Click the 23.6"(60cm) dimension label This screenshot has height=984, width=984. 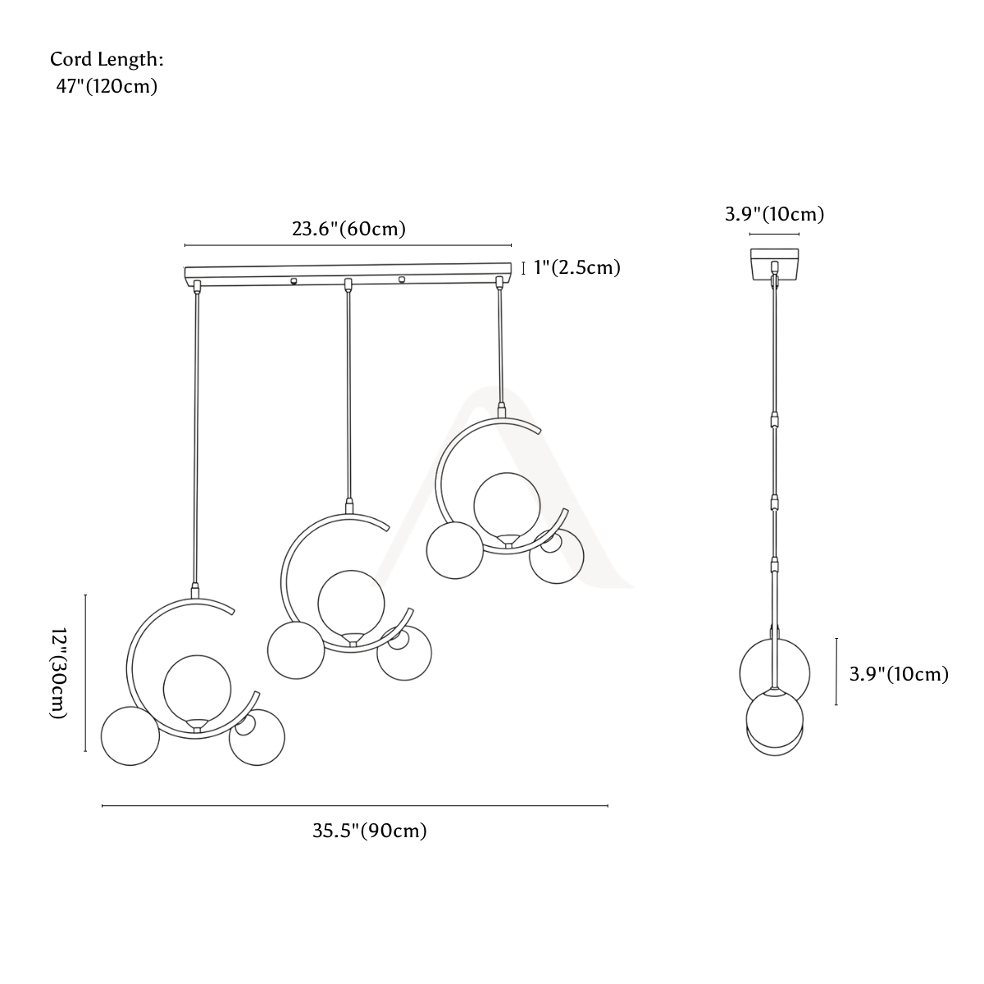[348, 229]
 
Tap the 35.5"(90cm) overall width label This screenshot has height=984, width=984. [369, 831]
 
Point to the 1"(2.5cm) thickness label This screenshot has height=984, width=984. [577, 267]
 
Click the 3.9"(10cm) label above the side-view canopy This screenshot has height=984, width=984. [775, 214]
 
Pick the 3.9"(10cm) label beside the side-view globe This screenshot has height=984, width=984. [899, 674]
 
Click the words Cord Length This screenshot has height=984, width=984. [107, 59]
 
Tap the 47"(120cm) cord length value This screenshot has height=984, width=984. [107, 86]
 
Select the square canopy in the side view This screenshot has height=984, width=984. [774, 264]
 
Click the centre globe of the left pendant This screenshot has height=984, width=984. [197, 689]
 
